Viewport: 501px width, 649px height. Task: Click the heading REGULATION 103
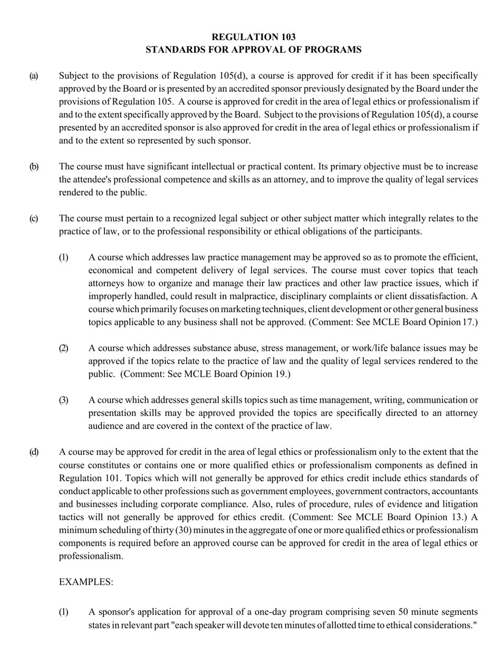(253, 37)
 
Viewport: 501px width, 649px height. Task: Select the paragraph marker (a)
(33, 76)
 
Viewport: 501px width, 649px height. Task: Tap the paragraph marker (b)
(33, 167)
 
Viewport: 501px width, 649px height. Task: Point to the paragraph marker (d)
(33, 452)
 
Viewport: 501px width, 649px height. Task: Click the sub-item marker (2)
(63, 348)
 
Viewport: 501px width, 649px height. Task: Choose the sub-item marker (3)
(63, 400)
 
